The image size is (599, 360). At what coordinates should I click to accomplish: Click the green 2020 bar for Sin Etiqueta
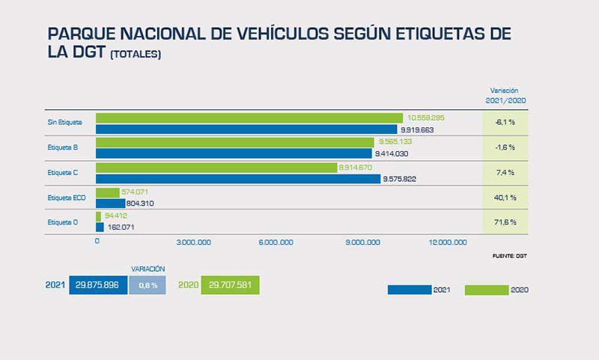point(249,118)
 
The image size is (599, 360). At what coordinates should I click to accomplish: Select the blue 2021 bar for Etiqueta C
point(237,179)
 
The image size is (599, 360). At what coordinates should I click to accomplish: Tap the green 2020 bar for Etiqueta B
point(234,142)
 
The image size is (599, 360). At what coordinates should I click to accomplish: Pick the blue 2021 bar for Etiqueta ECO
point(110,203)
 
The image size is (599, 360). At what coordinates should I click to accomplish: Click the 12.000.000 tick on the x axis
point(447,242)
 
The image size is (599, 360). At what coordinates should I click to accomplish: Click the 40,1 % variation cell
point(505,198)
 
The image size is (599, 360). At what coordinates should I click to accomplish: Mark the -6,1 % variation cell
point(505,122)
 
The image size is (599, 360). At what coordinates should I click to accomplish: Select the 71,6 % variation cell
point(505,222)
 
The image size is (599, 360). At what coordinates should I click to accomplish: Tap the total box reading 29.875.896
point(98,285)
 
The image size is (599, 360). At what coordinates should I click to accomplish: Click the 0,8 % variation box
point(148,285)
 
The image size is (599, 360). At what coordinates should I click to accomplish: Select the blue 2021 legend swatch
point(410,290)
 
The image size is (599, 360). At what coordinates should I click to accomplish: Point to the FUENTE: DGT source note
point(510,256)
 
